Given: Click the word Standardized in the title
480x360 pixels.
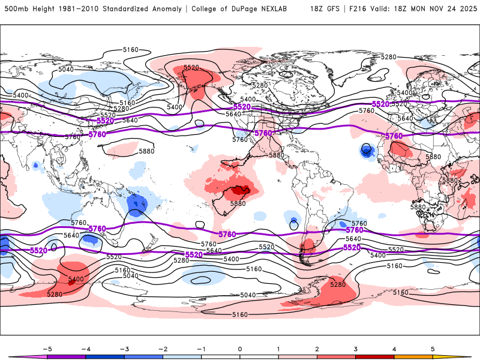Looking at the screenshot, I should click(x=127, y=9).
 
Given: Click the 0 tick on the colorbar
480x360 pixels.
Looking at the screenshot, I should click(x=240, y=348).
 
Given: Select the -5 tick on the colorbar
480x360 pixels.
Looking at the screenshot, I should click(x=47, y=348).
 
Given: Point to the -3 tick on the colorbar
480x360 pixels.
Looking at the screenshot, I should click(x=124, y=348).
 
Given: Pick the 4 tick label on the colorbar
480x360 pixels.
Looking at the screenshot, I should click(x=394, y=348).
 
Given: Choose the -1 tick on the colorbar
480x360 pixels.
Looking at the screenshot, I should click(x=201, y=348).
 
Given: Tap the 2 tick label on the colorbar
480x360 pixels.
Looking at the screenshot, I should click(x=317, y=348).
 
